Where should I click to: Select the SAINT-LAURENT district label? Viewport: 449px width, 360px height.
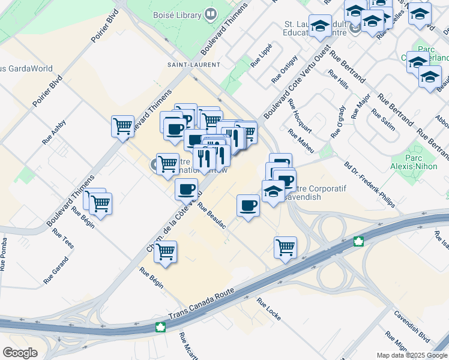[x=193, y=64]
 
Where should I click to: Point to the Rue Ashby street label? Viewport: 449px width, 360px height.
[x=54, y=133]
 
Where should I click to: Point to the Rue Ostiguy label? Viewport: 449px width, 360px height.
[x=285, y=69]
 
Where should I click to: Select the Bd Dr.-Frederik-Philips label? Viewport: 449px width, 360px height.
[x=369, y=184]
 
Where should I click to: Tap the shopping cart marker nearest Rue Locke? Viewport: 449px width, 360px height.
[x=285, y=247]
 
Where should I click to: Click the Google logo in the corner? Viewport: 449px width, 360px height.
[x=20, y=353]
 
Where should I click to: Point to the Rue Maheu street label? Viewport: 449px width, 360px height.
[x=300, y=142]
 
